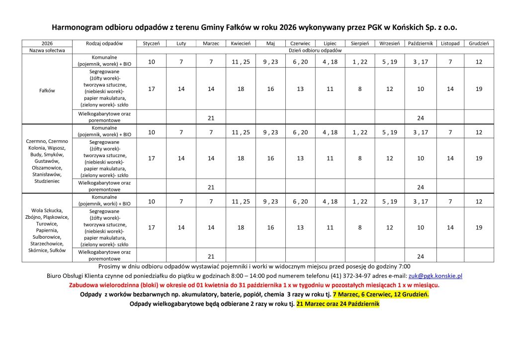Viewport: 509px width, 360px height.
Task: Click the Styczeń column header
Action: [x=151, y=44]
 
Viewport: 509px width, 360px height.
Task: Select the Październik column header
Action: [x=421, y=44]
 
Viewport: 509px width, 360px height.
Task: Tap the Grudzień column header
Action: [x=479, y=44]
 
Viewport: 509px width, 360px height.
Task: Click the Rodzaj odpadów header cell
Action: [x=104, y=44]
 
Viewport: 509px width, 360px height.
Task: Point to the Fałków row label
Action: [x=47, y=90]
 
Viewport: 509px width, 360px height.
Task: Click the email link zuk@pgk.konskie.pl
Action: [x=435, y=275]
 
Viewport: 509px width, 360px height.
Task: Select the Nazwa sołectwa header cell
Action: [x=47, y=51]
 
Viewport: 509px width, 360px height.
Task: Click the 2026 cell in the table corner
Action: [x=47, y=44]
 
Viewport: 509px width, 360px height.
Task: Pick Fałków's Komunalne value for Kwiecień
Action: [x=241, y=62]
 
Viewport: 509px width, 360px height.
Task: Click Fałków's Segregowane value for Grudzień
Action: [x=479, y=89]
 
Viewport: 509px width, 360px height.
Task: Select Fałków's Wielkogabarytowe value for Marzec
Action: [x=211, y=118]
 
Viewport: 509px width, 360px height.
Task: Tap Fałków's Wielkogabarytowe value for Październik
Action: [x=421, y=118]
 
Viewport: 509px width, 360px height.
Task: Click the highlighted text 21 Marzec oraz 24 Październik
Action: [x=338, y=303]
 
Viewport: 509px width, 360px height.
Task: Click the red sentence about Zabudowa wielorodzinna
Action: [x=254, y=285]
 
